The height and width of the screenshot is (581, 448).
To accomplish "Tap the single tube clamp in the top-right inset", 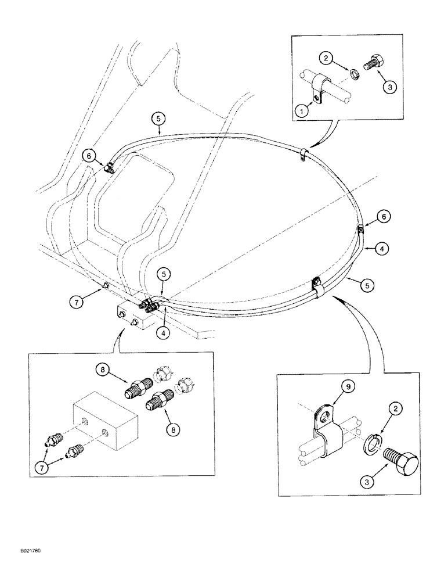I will [317, 88].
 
